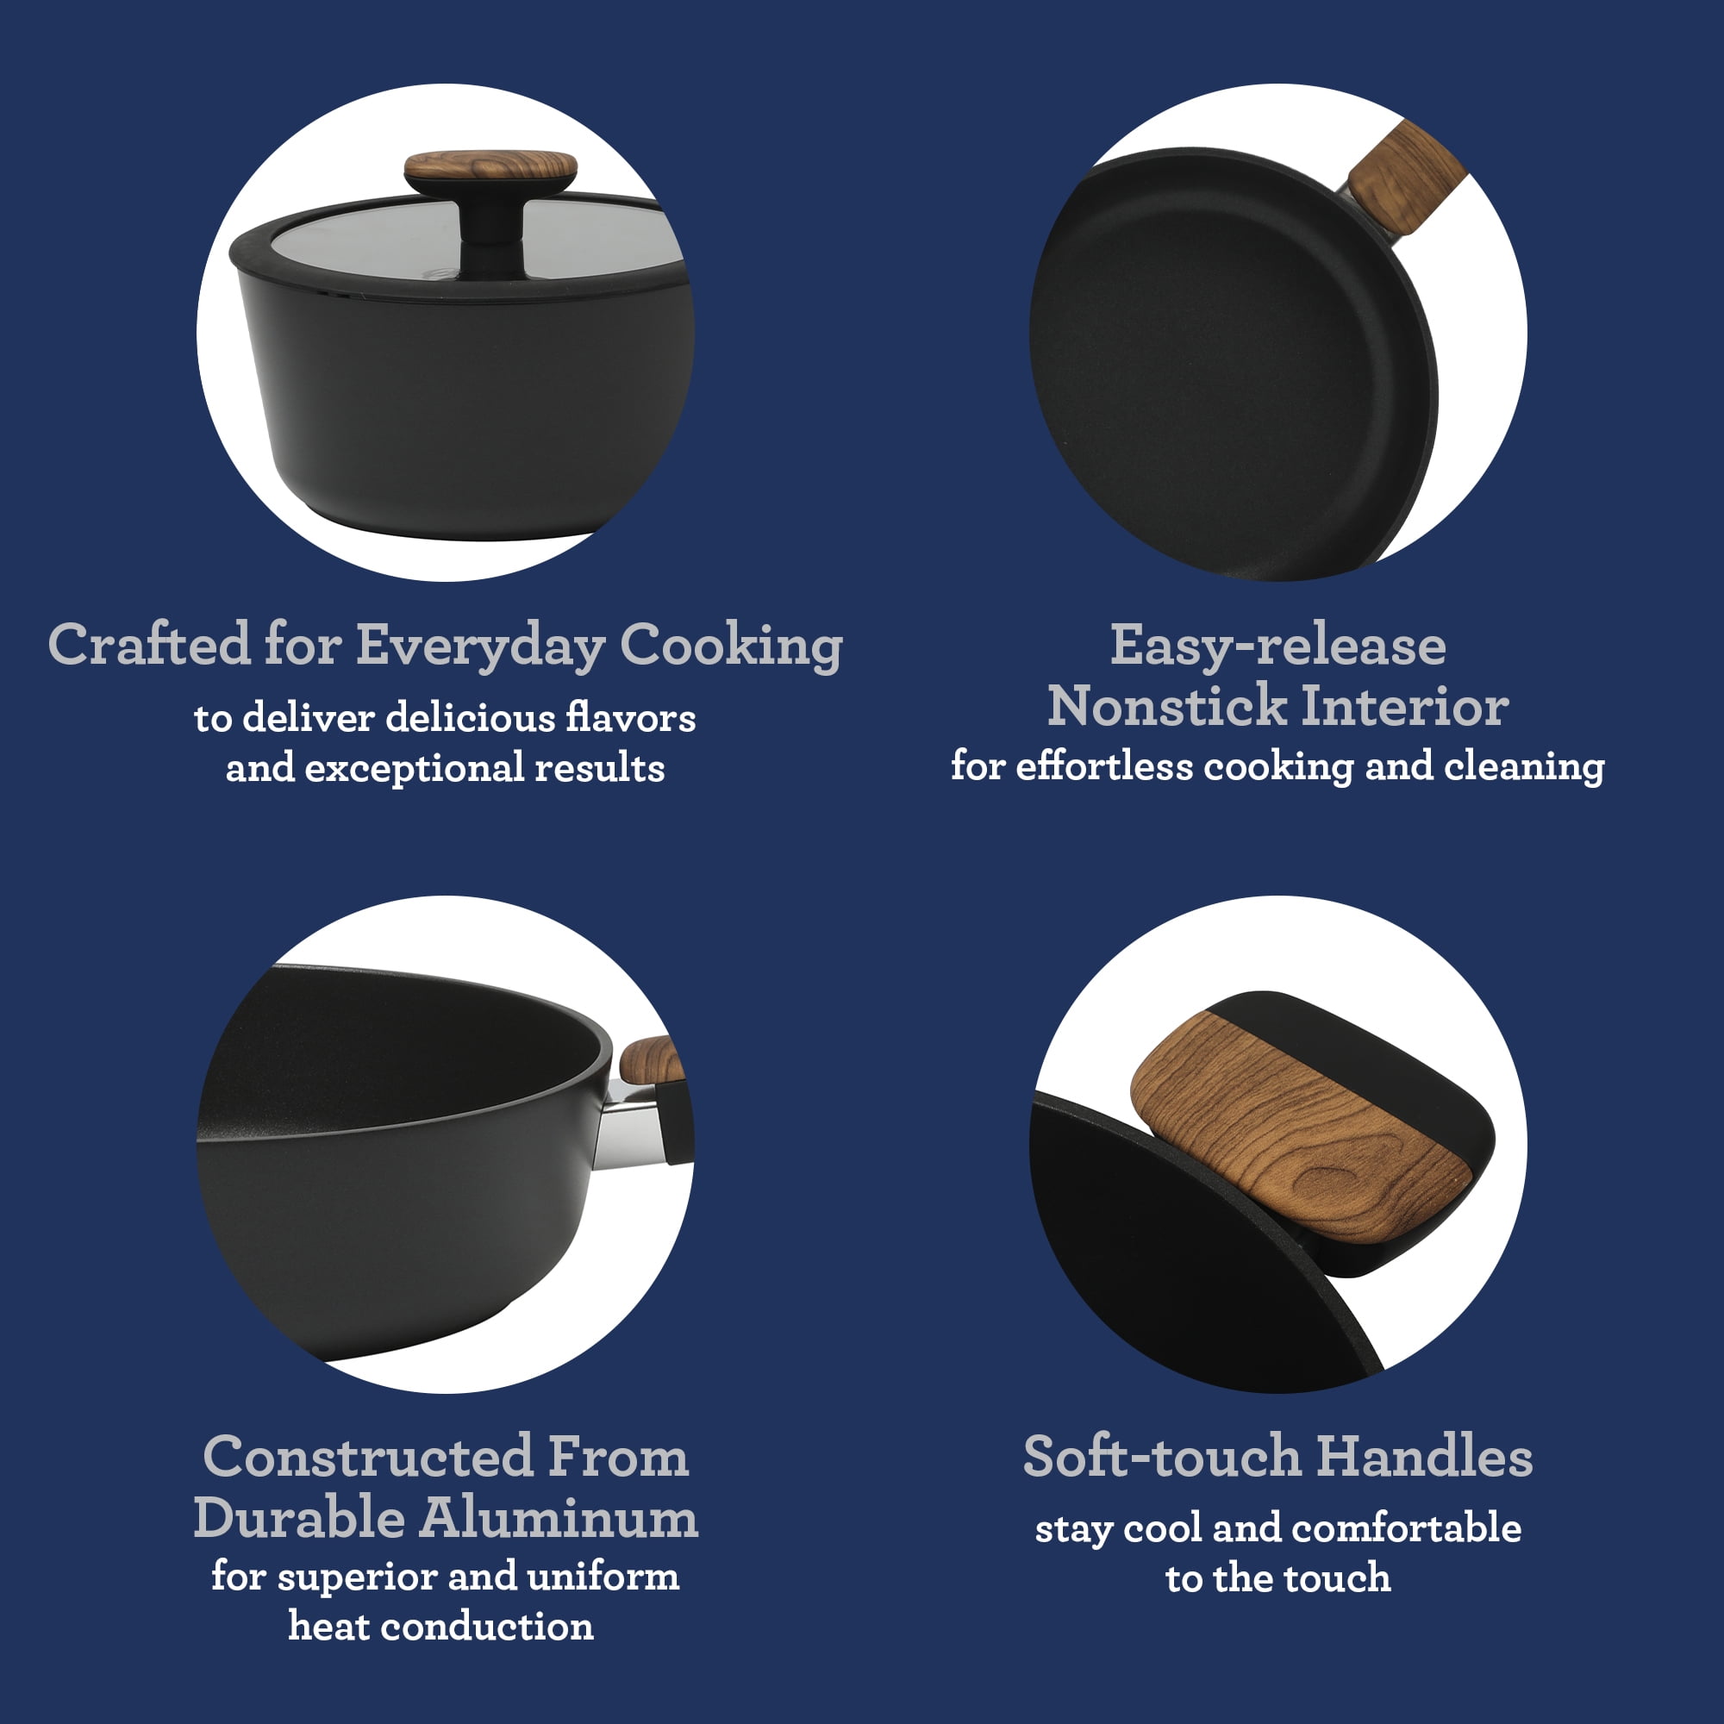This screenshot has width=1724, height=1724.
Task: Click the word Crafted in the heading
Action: (149, 645)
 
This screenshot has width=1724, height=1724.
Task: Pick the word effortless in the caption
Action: (1104, 766)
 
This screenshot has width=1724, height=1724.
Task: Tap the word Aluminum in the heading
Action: (559, 1519)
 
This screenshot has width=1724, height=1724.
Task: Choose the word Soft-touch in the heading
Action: (1162, 1459)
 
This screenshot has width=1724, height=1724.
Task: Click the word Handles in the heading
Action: (1425, 1459)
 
